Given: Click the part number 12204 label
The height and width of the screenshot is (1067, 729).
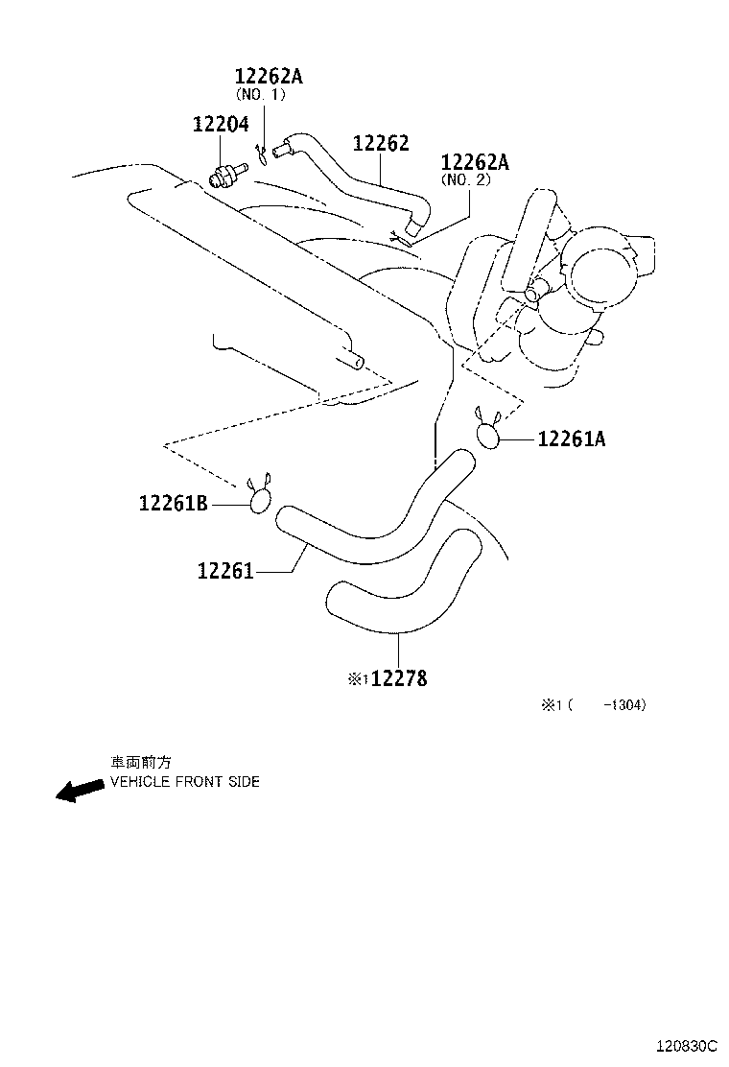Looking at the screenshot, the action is pyautogui.click(x=221, y=125).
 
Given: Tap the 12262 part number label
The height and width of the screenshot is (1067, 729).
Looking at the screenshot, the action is pyautogui.click(x=381, y=143).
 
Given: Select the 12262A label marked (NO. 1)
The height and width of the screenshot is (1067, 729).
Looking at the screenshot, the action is pyautogui.click(x=269, y=76).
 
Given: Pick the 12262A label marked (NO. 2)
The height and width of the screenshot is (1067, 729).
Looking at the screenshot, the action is pyautogui.click(x=475, y=162).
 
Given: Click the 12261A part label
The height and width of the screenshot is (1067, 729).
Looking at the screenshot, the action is pyautogui.click(x=572, y=439).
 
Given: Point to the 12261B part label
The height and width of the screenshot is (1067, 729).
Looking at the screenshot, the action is pyautogui.click(x=174, y=503).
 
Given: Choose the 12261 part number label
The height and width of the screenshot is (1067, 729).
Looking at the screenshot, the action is pyautogui.click(x=225, y=570).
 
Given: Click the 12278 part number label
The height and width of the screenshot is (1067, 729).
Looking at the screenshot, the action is pyautogui.click(x=399, y=678).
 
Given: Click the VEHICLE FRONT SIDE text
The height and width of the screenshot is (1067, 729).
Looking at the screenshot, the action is pyautogui.click(x=185, y=782).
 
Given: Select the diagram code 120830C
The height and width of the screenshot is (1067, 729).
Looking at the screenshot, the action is pyautogui.click(x=687, y=1045).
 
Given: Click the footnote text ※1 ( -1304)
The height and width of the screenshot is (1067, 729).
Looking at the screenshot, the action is pyautogui.click(x=593, y=705).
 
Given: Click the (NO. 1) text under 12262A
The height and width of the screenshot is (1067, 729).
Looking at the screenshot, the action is pyautogui.click(x=261, y=95).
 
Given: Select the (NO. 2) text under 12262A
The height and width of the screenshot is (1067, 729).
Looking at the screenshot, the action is pyautogui.click(x=466, y=180).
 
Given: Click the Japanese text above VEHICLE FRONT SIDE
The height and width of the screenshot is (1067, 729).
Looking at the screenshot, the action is pyautogui.click(x=141, y=762).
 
